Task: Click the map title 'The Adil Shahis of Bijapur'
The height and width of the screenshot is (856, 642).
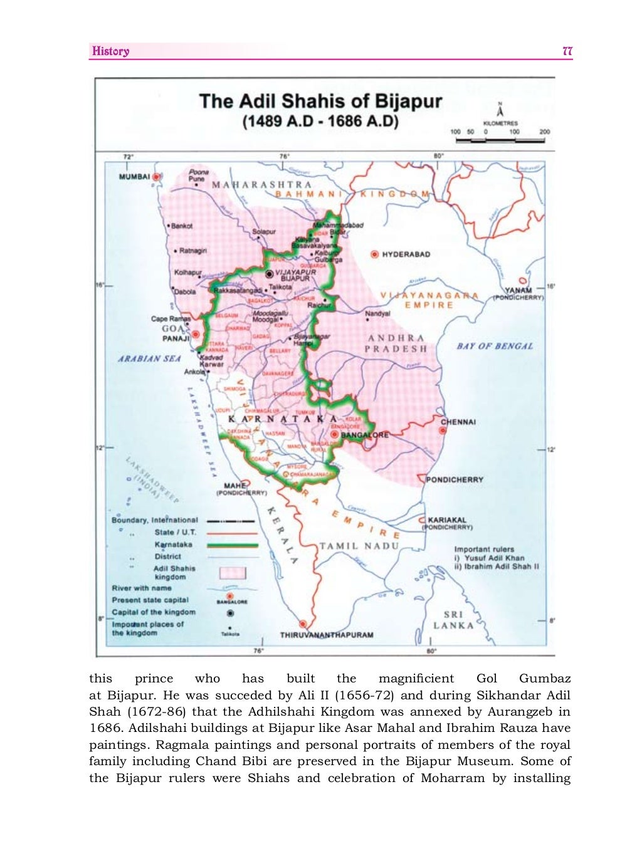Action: pyautogui.click(x=320, y=102)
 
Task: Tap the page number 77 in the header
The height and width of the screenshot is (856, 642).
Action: pyautogui.click(x=567, y=51)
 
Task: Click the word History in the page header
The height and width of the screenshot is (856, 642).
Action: pyautogui.click(x=110, y=51)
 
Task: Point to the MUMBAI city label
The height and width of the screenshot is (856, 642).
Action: pyautogui.click(x=134, y=177)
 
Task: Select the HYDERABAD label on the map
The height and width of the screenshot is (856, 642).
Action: pyautogui.click(x=406, y=254)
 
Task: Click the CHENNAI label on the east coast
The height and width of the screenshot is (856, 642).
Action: pyautogui.click(x=458, y=422)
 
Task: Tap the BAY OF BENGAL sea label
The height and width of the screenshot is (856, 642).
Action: pyautogui.click(x=495, y=346)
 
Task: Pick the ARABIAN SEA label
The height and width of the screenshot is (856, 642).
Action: pyautogui.click(x=149, y=359)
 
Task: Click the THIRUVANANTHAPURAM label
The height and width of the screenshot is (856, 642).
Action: pyautogui.click(x=326, y=635)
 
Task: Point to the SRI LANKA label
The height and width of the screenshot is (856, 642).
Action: pyautogui.click(x=453, y=620)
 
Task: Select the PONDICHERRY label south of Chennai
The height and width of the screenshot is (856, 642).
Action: pyautogui.click(x=455, y=479)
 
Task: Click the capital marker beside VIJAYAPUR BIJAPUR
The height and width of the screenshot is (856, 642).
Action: pyautogui.click(x=269, y=274)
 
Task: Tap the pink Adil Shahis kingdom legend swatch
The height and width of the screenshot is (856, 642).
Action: pyautogui.click(x=233, y=573)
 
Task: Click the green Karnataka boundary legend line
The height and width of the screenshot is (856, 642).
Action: pyautogui.click(x=232, y=545)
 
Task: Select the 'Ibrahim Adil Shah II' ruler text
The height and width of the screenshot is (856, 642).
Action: pyautogui.click(x=500, y=566)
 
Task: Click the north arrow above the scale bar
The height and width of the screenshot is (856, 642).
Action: pyautogui.click(x=499, y=111)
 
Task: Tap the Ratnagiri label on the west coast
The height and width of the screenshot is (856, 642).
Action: pyautogui.click(x=192, y=251)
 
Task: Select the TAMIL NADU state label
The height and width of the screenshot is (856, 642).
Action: pyautogui.click(x=359, y=546)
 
